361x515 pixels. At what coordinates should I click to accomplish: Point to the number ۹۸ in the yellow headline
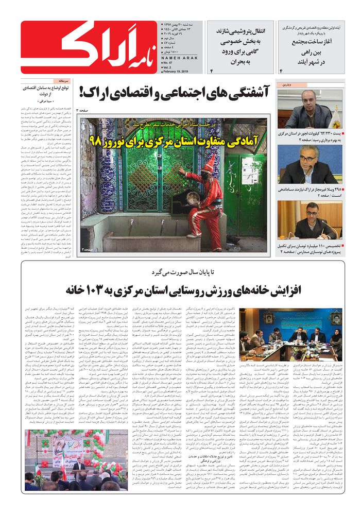96,139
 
